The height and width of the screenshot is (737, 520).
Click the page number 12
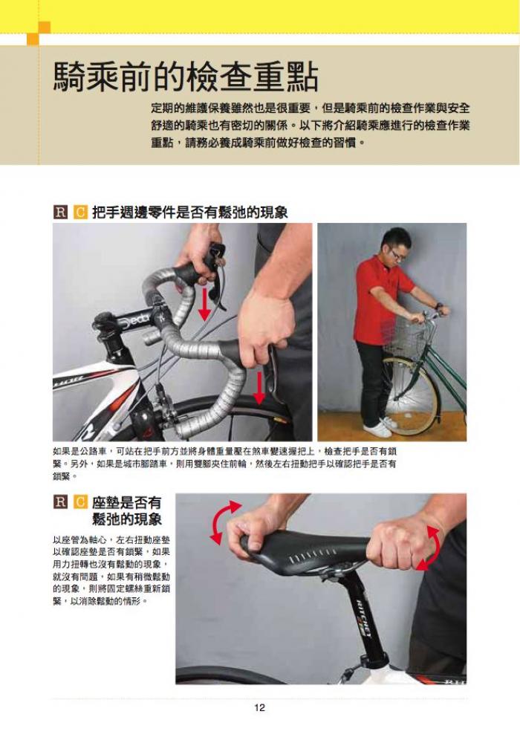(259, 707)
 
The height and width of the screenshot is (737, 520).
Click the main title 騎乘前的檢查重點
(186, 77)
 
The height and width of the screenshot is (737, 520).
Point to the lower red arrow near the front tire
(259, 387)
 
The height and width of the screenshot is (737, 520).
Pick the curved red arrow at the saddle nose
(223, 522)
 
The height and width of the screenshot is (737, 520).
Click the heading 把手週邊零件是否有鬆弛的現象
(190, 212)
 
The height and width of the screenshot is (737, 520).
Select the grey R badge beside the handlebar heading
(60, 212)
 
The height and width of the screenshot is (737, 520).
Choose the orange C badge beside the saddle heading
(80, 502)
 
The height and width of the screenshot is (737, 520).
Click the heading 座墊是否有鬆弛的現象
(127, 511)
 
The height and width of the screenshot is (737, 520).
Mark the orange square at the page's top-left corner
(39, 33)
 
